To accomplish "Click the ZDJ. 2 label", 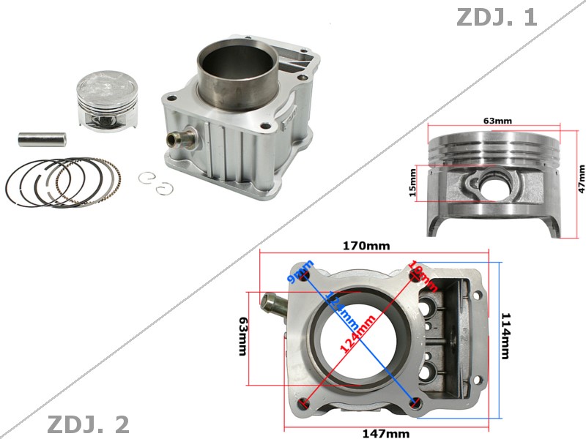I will [88, 424].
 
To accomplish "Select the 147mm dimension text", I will [386, 433].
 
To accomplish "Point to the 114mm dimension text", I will [505, 336].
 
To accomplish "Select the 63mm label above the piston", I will [497, 120].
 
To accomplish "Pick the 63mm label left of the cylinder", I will [243, 336].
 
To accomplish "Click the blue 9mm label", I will [301, 271].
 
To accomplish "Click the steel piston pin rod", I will [42, 137].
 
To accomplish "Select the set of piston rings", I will [62, 181].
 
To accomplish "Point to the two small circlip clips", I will [156, 184].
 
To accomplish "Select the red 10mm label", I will [423, 276].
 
